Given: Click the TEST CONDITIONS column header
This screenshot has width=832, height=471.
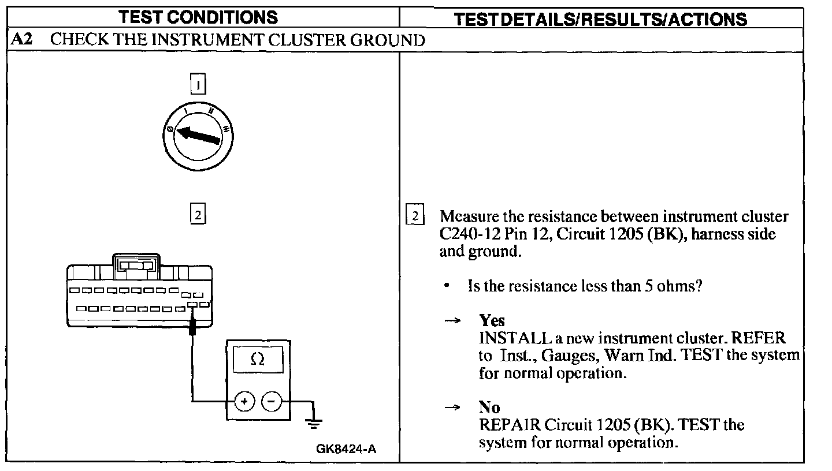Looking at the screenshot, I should (x=198, y=17).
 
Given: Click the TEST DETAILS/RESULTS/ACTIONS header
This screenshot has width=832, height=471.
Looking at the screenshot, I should (x=600, y=19).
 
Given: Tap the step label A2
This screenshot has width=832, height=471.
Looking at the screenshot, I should (x=22, y=40).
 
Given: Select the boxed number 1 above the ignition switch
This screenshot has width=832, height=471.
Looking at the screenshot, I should (x=198, y=85).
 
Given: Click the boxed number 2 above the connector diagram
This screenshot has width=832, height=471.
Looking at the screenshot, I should (x=198, y=215).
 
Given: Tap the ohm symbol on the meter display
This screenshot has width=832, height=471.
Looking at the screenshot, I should (x=258, y=360).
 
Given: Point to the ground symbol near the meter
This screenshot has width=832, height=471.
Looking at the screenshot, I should (x=314, y=424).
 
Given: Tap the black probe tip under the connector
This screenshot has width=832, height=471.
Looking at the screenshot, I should (x=192, y=330).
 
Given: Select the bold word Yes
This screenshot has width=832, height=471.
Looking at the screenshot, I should (x=492, y=321).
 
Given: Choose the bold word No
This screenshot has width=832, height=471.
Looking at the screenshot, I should (x=489, y=408).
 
